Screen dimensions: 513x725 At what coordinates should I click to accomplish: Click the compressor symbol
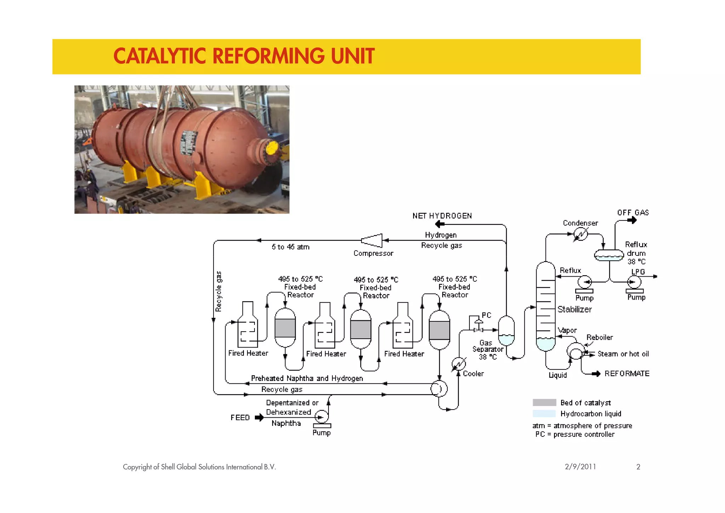372,241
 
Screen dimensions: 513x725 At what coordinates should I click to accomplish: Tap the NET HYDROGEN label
442,216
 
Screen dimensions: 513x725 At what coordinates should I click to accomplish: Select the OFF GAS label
633,213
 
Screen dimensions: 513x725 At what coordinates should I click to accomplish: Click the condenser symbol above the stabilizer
580,234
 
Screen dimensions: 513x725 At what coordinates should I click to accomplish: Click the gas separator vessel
506,331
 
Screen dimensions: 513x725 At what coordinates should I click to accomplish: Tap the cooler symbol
459,364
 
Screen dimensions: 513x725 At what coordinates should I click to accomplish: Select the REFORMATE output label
627,373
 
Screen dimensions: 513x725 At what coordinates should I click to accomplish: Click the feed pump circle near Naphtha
321,417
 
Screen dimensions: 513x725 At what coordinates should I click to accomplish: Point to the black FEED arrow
259,418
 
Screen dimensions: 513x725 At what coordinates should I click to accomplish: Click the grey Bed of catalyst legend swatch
544,402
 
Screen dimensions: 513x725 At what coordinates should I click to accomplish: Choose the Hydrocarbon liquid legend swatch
544,413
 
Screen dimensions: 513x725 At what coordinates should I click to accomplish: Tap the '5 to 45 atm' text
290,247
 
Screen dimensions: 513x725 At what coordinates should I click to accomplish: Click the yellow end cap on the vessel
272,148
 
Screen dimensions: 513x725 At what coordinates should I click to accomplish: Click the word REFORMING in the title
268,56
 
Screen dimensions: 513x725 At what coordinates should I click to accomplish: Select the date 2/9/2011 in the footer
580,467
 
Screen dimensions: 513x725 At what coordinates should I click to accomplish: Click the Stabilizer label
574,309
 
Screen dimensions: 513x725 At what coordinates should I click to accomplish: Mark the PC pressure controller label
486,315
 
